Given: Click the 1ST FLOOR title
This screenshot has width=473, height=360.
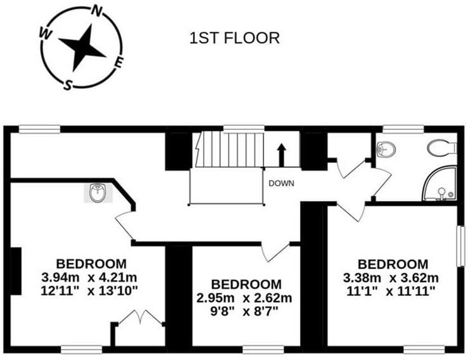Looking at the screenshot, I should point(234,38).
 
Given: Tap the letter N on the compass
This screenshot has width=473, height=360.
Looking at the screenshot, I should point(98,10).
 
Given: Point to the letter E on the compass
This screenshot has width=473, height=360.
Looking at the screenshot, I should point(119,62).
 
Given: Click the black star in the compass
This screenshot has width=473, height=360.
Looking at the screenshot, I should point(82,47).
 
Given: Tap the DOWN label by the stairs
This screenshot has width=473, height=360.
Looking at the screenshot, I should point(281,184).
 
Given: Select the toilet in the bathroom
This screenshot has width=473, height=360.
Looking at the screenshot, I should point(441,148).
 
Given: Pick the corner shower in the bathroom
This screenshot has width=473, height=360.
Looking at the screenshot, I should point(441,184).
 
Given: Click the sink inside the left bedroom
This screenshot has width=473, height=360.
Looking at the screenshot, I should point(98,193).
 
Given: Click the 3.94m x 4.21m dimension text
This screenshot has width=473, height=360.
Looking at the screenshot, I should point(91,277).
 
